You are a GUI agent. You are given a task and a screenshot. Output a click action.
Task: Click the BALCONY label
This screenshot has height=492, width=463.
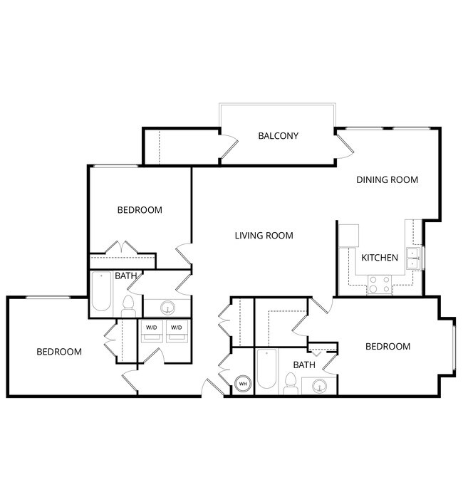(x=278, y=135)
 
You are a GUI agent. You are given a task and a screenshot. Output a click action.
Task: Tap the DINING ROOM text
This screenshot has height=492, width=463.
(x=387, y=180)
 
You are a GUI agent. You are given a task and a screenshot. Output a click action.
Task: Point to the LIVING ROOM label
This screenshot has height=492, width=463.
(x=264, y=236)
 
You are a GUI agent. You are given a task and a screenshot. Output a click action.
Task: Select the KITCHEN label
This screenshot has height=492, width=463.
(x=380, y=258)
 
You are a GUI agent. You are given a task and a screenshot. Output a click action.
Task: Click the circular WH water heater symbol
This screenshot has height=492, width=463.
(x=243, y=384)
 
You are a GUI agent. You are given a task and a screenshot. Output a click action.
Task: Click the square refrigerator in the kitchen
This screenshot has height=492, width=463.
(x=349, y=235)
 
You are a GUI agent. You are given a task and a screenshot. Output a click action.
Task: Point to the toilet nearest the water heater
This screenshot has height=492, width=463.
(x=290, y=384)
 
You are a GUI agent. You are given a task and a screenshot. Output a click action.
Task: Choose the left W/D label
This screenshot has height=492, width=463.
(x=152, y=328)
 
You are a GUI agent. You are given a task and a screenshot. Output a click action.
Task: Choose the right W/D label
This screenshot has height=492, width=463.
(x=176, y=328)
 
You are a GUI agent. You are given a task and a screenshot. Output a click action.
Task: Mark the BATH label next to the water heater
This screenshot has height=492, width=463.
(x=304, y=365)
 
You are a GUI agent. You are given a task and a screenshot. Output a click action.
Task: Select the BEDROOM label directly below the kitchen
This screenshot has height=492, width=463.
(x=387, y=347)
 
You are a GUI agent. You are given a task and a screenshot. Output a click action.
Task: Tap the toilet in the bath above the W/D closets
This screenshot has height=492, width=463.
(x=129, y=306)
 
